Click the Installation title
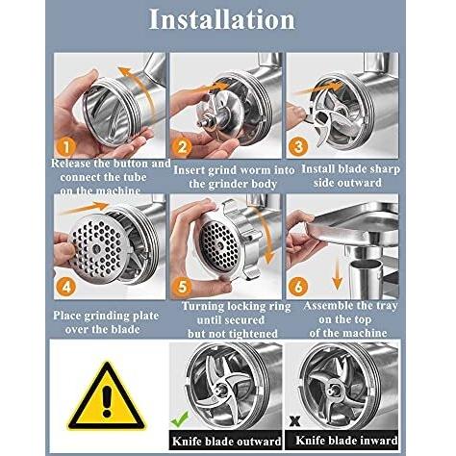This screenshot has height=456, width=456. [x=222, y=19]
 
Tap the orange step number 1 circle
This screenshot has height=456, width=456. [x=65, y=147]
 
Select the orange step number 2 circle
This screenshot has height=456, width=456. [x=182, y=147]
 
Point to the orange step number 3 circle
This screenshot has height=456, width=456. [x=298, y=146]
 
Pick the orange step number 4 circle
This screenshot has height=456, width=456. [x=66, y=287]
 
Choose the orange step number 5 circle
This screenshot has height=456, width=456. [x=182, y=287]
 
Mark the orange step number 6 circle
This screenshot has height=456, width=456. [x=298, y=286]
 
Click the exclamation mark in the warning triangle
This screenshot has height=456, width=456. [x=107, y=401]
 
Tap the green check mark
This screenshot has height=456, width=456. [x=180, y=419]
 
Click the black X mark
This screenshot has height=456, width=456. [x=294, y=421]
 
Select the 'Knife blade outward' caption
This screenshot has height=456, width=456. [x=226, y=442]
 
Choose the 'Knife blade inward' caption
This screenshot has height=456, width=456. [x=346, y=441]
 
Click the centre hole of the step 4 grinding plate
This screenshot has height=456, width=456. [x=96, y=248]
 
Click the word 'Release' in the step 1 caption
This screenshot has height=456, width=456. [x=71, y=164]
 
